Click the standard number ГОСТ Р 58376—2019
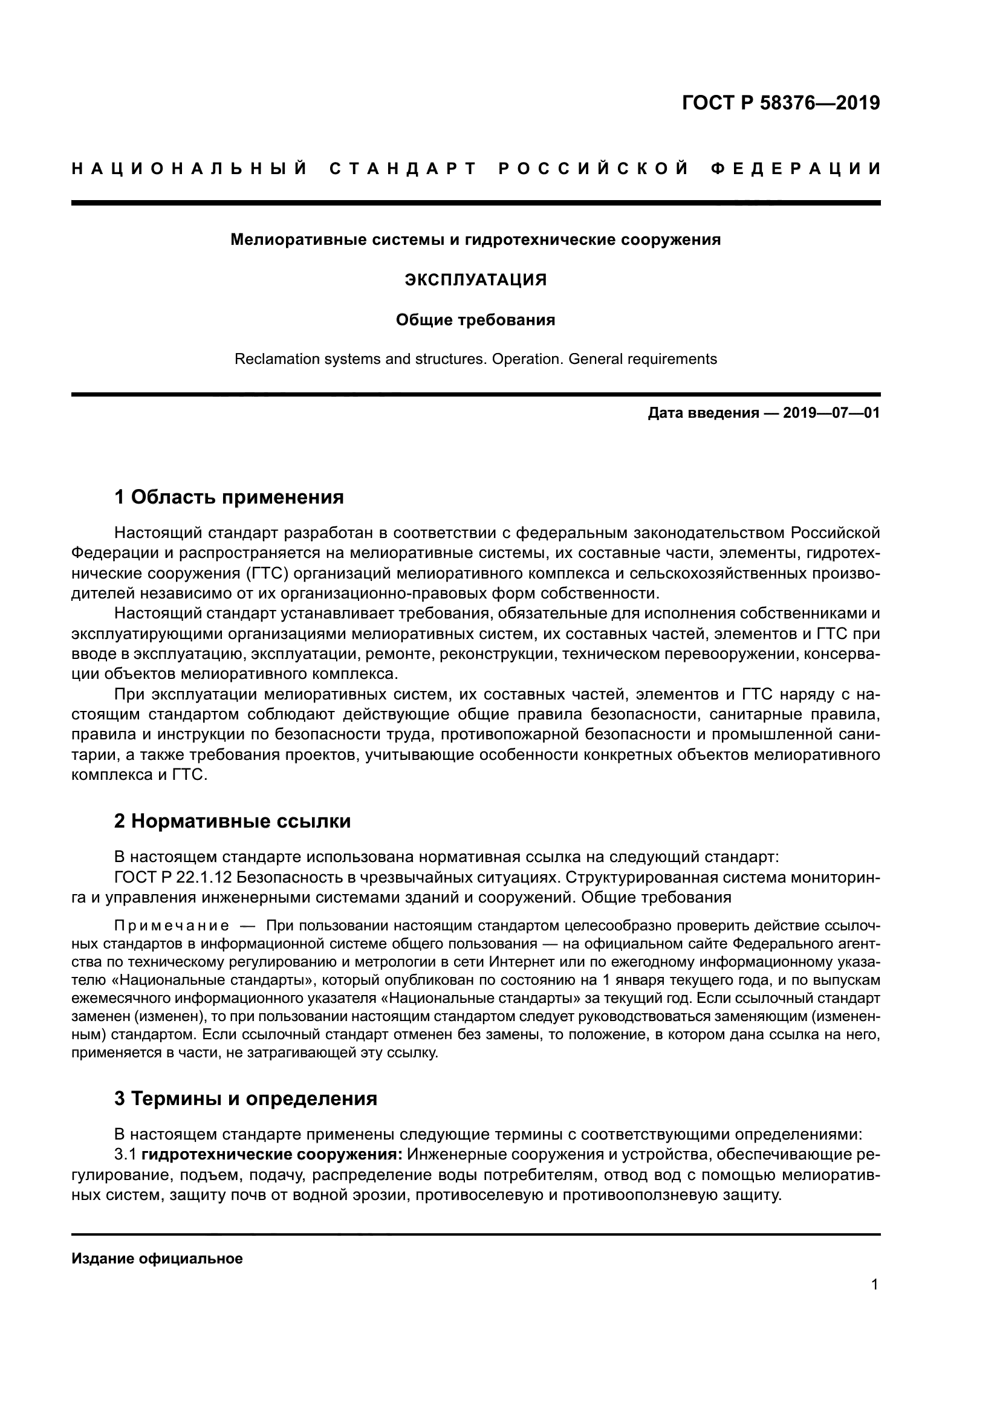(x=781, y=103)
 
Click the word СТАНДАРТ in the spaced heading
(x=404, y=169)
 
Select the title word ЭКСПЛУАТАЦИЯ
(x=475, y=280)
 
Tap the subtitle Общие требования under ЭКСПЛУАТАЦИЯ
(x=475, y=320)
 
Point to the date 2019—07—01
(x=831, y=413)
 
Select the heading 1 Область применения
(x=229, y=497)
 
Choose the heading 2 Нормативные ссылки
(x=232, y=821)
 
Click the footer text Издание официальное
(x=157, y=1259)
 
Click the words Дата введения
(x=703, y=413)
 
